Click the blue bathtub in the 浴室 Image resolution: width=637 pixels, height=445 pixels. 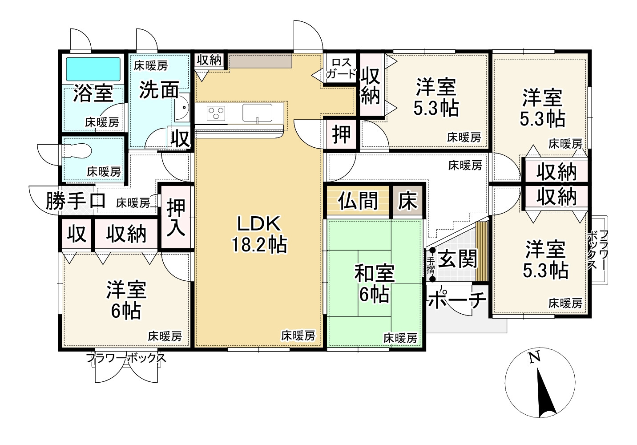tap(93, 69)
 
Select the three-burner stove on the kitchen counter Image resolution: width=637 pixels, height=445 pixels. tap(216, 113)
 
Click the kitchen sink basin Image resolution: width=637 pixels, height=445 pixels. tap(257, 113)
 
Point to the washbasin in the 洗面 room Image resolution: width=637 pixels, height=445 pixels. tap(182, 108)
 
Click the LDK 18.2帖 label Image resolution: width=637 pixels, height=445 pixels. tap(259, 234)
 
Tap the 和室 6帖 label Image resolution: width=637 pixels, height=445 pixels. tap(374, 283)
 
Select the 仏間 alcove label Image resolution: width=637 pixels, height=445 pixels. tap(358, 201)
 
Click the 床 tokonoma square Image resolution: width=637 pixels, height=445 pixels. tap(408, 201)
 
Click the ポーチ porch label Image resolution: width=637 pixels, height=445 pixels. tap(456, 300)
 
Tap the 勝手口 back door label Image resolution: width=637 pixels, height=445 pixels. tap(76, 201)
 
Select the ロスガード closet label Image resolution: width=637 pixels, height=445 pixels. tap(341, 68)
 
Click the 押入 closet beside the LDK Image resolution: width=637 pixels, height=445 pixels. tap(176, 217)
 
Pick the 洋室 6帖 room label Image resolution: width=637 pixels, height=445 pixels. tap(126, 300)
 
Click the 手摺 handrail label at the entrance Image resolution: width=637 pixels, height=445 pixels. tap(431, 265)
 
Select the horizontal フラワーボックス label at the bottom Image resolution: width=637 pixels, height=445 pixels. tap(126, 358)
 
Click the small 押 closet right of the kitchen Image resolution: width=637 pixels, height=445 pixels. tap(341, 134)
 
